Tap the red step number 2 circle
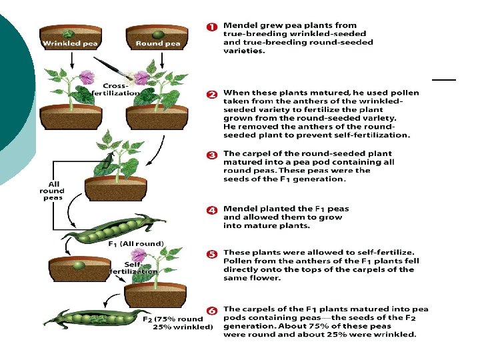pos(211,94)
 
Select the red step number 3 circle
pos(211,155)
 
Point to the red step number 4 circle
pos(211,209)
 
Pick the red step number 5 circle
pos(211,254)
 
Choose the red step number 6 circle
pos(211,310)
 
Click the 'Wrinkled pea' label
pos(70,44)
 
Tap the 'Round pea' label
pos(158,44)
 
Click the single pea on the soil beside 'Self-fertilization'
pos(79,265)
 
